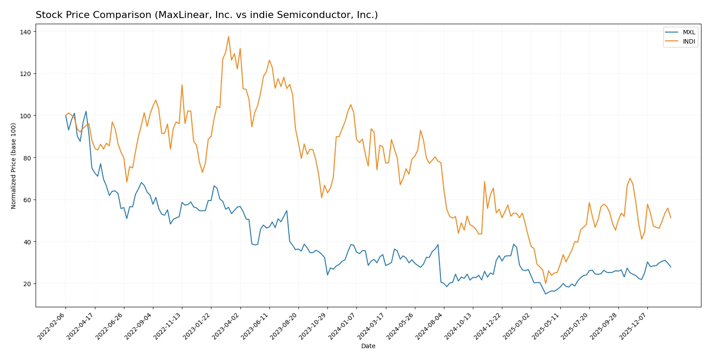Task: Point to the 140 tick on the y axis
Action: click(25, 32)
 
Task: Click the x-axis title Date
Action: click(368, 346)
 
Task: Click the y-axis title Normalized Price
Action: click(14, 166)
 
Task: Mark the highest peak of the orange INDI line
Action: click(229, 36)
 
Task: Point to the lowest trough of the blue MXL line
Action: click(546, 294)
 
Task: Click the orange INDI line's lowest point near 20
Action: click(546, 284)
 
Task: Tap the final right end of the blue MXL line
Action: click(671, 267)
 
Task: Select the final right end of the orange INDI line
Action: click(671, 218)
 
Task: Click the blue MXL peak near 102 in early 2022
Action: click(86, 111)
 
